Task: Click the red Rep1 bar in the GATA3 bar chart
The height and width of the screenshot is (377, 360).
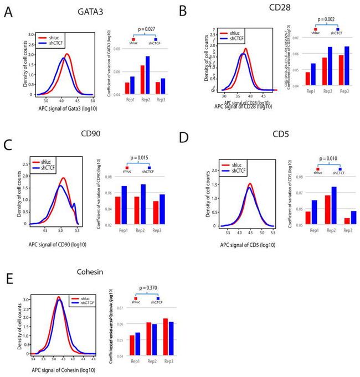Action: tap(127, 89)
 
